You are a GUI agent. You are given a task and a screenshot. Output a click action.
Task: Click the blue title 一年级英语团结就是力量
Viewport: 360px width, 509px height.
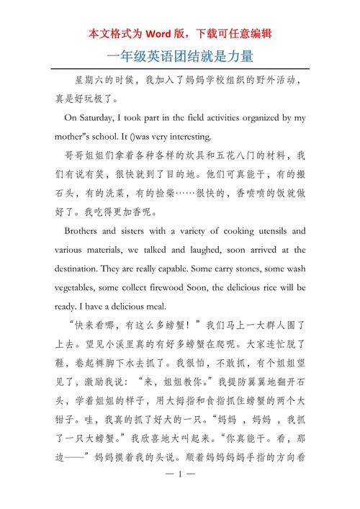pyautogui.click(x=180, y=55)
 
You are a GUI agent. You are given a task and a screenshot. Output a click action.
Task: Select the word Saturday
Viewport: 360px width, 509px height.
pyautogui.click(x=103, y=117)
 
